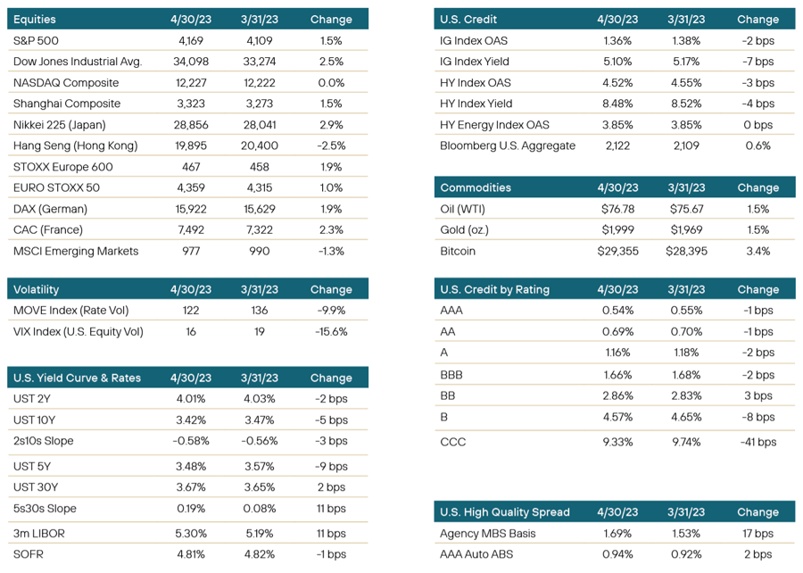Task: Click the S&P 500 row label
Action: (36, 40)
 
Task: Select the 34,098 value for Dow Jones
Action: (191, 62)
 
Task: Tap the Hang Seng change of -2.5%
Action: (331, 146)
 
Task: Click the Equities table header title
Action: (34, 20)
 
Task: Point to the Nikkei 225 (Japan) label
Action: (60, 125)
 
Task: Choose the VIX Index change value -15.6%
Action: (331, 332)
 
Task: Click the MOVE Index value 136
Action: (259, 311)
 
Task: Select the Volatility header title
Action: (36, 289)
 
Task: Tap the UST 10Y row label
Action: (34, 419)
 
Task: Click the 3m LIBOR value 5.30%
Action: (191, 534)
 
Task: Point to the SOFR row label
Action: (29, 554)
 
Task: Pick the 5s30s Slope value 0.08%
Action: (259, 509)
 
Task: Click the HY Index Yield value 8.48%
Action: (617, 104)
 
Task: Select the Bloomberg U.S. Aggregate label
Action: (508, 146)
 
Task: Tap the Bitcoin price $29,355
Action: (617, 252)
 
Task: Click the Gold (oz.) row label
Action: (465, 230)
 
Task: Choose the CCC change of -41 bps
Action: (757, 442)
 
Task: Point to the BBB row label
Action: (451, 375)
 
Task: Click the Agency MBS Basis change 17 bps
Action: (757, 534)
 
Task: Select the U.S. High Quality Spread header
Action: (504, 512)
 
